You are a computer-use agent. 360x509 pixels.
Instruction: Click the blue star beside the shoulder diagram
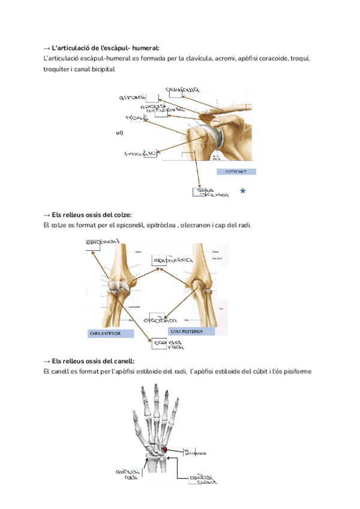click(x=242, y=191)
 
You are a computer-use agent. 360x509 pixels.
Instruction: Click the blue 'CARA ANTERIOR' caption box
click(x=110, y=333)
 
